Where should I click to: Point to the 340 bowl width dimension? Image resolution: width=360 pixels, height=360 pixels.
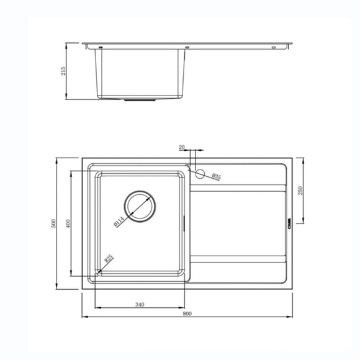(139, 304)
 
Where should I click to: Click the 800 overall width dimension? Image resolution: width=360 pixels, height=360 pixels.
(187, 313)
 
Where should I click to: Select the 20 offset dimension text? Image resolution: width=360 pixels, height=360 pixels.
(181, 148)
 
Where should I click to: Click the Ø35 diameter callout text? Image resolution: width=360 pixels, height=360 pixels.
(217, 177)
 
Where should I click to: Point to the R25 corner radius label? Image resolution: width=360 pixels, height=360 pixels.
(108, 260)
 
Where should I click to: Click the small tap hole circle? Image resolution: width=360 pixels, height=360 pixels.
(200, 174)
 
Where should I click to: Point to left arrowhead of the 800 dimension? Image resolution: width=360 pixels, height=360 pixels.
(84, 318)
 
